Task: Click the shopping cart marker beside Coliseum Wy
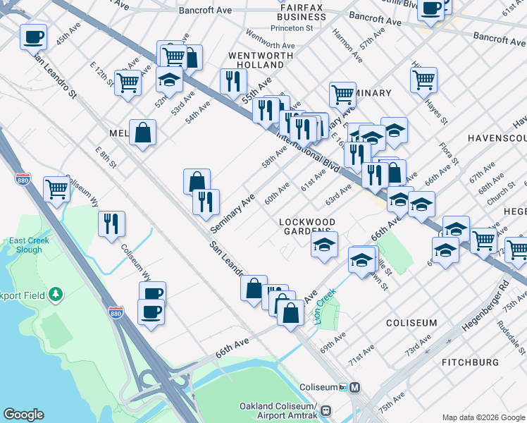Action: pos(56,188)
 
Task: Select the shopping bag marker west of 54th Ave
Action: pos(142,132)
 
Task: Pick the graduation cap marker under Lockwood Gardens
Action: pos(324,245)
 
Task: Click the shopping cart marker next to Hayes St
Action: pos(423,80)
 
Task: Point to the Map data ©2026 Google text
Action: pos(483,417)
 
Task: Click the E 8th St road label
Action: pos(106,159)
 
